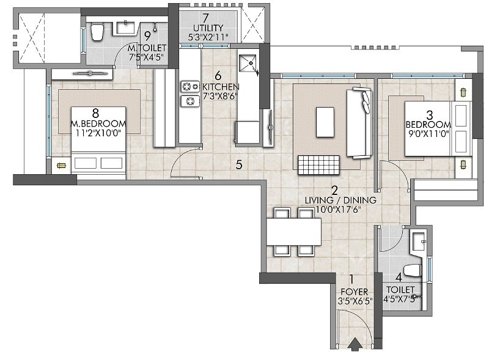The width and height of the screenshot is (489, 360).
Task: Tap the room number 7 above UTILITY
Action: [x=205, y=17]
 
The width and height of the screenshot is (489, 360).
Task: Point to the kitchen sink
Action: [x=248, y=63]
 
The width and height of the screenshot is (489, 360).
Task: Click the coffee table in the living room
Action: [x=325, y=121]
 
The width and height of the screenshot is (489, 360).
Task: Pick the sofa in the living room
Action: [x=359, y=122]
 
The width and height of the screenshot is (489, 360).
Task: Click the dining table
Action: [x=293, y=232]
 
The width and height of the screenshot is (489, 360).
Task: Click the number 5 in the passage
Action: [x=239, y=164]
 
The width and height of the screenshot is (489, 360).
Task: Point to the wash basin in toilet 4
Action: [x=419, y=241]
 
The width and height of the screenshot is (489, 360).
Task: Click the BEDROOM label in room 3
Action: [x=428, y=125]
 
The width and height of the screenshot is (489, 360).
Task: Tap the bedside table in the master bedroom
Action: [x=61, y=164]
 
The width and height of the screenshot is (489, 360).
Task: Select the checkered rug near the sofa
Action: [x=318, y=163]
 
